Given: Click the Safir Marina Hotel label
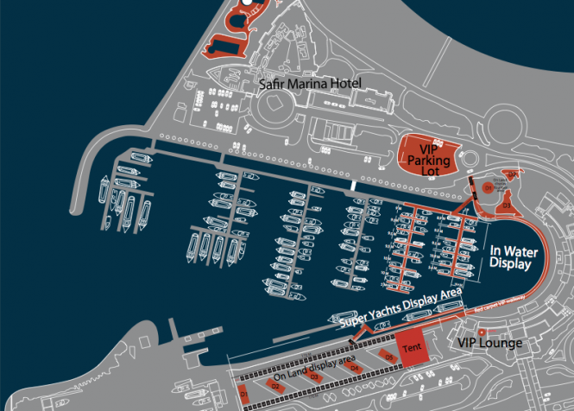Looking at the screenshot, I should click(310, 84).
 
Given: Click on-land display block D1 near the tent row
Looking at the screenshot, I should click(244, 394).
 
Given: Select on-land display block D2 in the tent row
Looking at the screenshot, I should click(277, 386).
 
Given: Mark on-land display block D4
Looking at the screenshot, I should click(353, 368).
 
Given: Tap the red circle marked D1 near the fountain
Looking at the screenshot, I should click(488, 187).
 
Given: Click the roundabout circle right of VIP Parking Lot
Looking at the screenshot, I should click(471, 161).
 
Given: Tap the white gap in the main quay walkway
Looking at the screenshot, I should click(353, 186).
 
